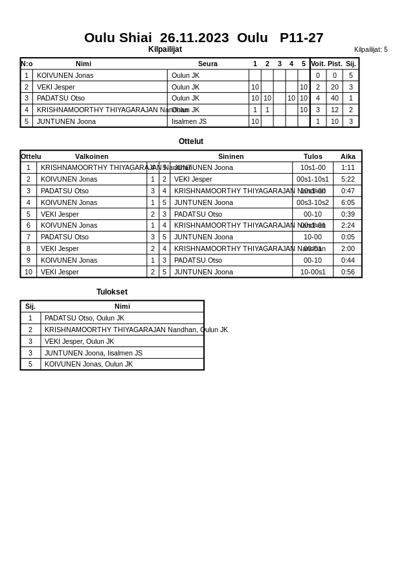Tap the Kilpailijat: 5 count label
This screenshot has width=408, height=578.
click(x=370, y=49)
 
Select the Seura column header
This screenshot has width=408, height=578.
click(x=207, y=64)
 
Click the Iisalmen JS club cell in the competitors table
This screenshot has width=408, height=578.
click(x=189, y=121)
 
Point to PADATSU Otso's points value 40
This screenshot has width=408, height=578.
click(x=334, y=99)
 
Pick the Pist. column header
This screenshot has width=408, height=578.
click(x=334, y=64)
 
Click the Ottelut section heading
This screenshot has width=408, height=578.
click(x=191, y=141)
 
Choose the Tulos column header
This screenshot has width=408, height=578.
click(x=313, y=156)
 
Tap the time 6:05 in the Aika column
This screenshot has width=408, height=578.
click(x=348, y=202)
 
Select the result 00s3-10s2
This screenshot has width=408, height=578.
click(x=313, y=202)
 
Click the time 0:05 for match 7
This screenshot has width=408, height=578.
click(x=348, y=237)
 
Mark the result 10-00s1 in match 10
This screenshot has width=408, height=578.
click(x=313, y=272)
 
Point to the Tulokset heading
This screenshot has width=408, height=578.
click(x=112, y=292)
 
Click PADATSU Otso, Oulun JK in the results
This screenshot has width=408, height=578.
click(x=84, y=318)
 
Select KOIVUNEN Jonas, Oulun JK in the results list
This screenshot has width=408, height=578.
click(x=88, y=364)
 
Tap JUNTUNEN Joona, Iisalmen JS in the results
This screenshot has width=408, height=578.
click(x=93, y=353)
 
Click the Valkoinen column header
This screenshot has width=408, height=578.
click(x=91, y=156)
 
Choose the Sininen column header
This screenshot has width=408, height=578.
click(x=231, y=156)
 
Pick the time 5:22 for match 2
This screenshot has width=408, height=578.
click(x=348, y=179)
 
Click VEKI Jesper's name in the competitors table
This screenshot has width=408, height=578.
click(x=56, y=87)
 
